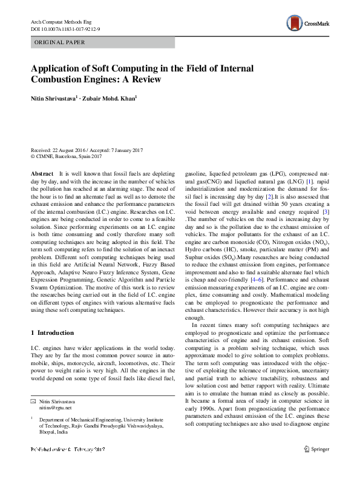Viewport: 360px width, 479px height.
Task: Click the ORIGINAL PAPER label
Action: [x=59, y=42]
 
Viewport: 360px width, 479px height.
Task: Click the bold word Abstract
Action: [x=42, y=173]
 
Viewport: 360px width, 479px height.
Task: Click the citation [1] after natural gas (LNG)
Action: [x=309, y=182]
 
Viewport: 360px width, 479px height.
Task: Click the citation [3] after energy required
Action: [x=326, y=211]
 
